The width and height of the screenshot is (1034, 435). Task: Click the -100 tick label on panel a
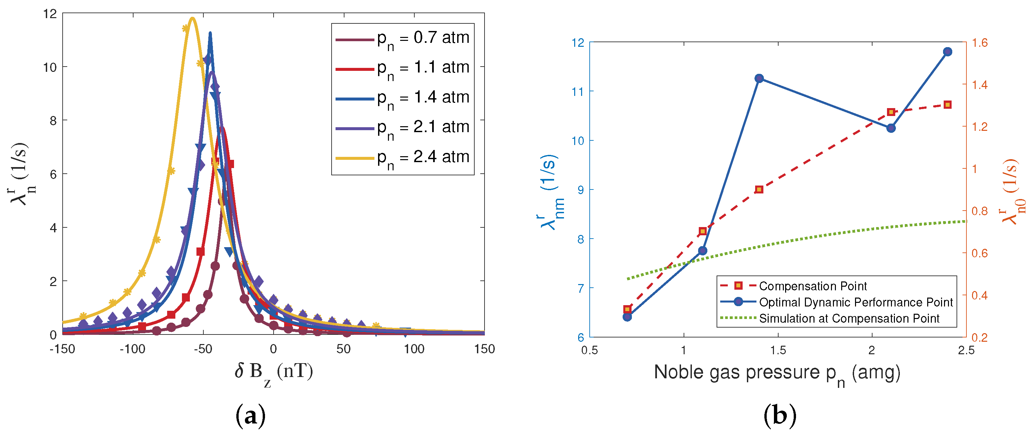tap(133, 349)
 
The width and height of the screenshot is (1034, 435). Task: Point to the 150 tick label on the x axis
tap(484, 349)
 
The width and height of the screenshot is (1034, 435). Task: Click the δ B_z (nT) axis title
tap(274, 373)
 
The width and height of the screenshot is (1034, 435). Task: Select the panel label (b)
tap(780, 416)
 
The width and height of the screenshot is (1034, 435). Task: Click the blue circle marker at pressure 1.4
tap(759, 78)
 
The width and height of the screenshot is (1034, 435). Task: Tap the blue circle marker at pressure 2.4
tap(948, 51)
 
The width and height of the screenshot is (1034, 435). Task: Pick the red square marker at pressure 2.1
tap(891, 112)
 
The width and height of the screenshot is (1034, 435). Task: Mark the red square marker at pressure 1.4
tap(759, 189)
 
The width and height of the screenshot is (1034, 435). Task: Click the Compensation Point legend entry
tap(812, 286)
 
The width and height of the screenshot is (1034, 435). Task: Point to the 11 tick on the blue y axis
tap(578, 92)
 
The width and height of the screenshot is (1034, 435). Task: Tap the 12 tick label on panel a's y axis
tap(50, 14)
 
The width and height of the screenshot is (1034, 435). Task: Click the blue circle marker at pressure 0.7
tap(627, 317)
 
